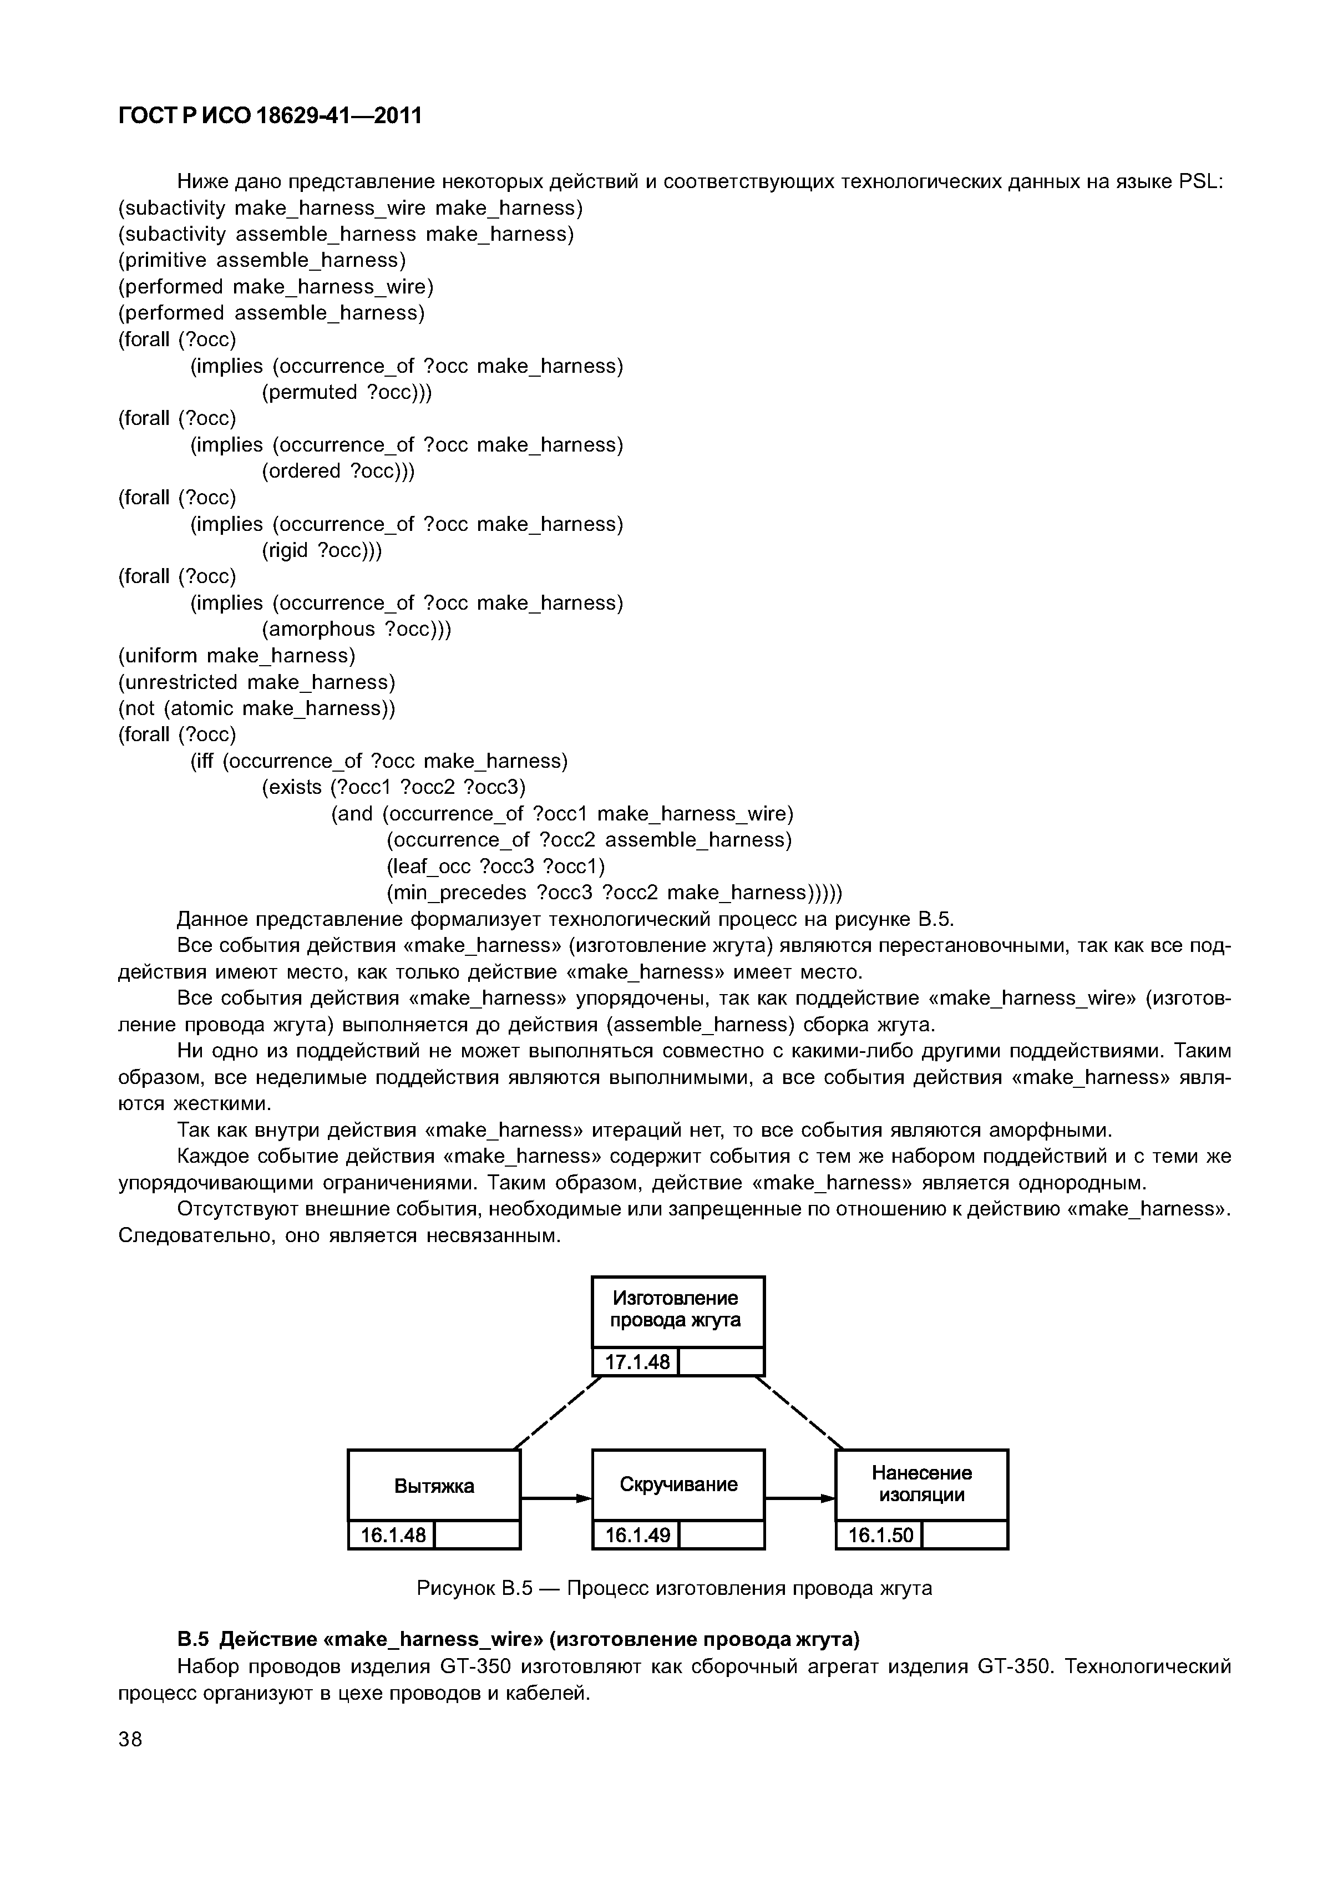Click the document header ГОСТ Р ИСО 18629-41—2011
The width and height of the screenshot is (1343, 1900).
point(270,116)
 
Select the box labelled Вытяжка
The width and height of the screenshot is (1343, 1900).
point(434,1486)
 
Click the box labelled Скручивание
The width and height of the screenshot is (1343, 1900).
point(678,1484)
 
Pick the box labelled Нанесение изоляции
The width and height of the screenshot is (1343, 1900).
point(922,1484)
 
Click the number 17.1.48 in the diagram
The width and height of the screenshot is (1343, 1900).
point(636,1361)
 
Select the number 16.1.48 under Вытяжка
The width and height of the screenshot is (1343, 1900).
point(392,1536)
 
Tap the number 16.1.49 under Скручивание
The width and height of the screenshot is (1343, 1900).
point(636,1536)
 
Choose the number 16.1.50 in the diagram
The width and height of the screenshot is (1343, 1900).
point(880,1536)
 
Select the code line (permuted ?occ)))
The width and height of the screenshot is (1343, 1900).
point(347,392)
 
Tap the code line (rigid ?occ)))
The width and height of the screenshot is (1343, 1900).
point(322,550)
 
